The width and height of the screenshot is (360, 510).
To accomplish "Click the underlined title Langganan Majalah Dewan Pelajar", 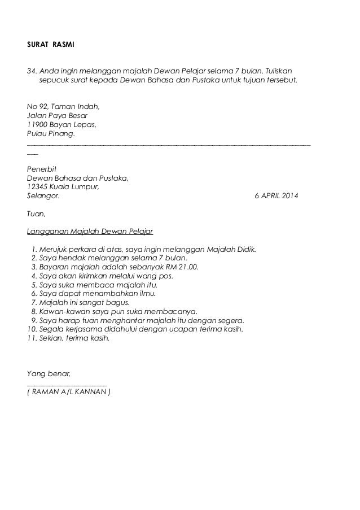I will (90, 232).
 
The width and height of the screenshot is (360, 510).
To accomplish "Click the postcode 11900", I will (37, 125).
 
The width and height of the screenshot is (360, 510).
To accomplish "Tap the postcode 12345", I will (37, 188).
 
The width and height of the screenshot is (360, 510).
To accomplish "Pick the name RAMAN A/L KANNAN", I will (69, 391).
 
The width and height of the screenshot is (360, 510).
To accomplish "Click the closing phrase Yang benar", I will (49, 373).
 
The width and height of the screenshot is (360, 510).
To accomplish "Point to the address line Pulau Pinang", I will (50, 134).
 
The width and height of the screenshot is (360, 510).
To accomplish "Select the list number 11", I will (32, 338).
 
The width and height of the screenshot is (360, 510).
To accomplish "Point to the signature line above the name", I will (67, 383).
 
